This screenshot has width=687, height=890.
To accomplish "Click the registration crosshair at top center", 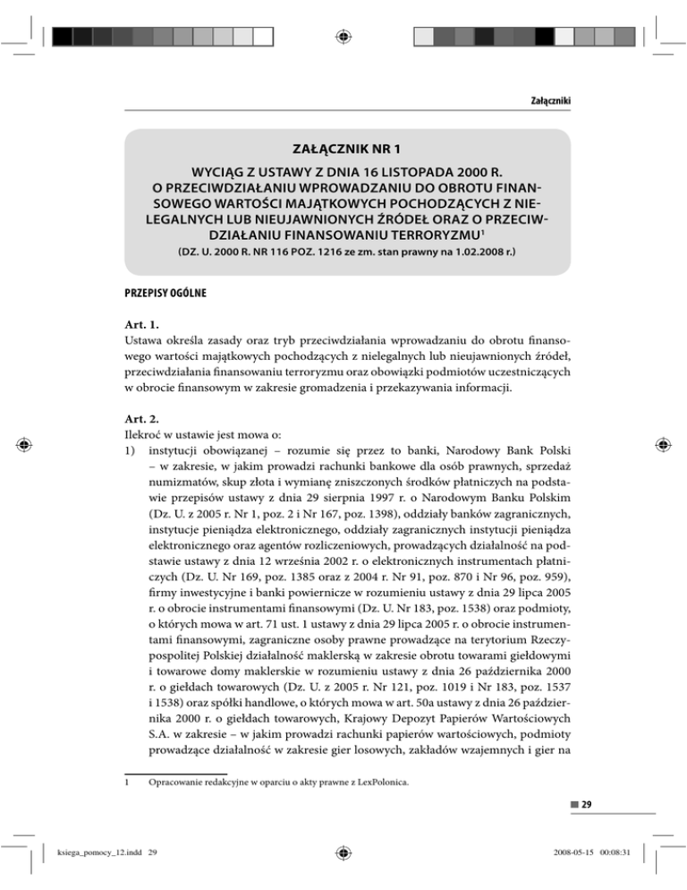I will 343,36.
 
